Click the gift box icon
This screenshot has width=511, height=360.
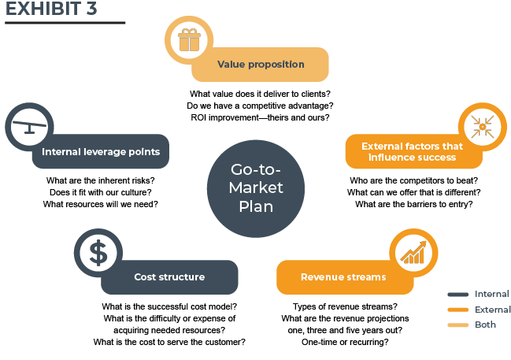tap(189, 40)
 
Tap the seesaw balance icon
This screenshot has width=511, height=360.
tap(29, 127)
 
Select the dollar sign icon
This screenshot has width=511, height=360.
tap(98, 253)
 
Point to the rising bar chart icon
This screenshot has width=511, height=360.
tap(413, 252)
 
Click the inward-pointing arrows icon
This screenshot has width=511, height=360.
tap(483, 127)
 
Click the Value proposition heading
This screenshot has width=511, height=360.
tap(261, 65)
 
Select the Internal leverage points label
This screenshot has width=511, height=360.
tap(101, 152)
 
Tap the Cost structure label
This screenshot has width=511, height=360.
tap(169, 277)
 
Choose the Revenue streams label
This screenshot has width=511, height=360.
tap(343, 277)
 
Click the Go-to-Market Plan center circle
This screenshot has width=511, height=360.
tap(256, 188)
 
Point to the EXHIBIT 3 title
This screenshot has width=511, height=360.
tap(51, 9)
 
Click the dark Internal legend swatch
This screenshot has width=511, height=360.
tap(458, 295)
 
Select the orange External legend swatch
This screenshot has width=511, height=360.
tap(458, 310)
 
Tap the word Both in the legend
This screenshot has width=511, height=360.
tap(485, 325)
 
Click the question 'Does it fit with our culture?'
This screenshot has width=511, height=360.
tap(100, 192)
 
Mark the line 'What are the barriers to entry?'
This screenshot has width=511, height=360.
tap(414, 204)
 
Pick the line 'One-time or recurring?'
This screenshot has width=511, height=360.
tap(345, 342)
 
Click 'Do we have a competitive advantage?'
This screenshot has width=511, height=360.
tap(260, 106)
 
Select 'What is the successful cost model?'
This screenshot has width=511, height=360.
tap(169, 306)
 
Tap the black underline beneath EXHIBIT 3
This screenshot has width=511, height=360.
tap(65, 23)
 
